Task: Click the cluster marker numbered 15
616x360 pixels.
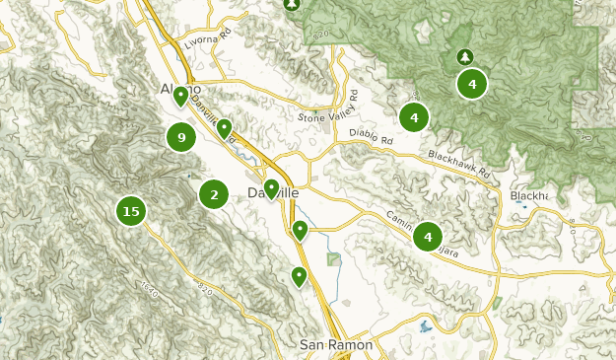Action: [x=130, y=210]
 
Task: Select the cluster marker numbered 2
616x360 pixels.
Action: [x=214, y=194]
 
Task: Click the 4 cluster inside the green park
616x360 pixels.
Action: [x=473, y=84]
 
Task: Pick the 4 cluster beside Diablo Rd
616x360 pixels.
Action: [x=414, y=118]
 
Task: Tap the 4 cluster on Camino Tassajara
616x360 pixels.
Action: [x=428, y=237]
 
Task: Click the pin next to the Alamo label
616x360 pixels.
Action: [x=181, y=97]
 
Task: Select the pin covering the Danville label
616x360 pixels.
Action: [x=271, y=188]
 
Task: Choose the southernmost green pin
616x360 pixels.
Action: [x=299, y=276]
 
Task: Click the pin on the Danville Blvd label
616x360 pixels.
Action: [x=224, y=128]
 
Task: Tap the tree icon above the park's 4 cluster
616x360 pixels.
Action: [x=464, y=56]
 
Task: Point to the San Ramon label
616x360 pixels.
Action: [x=336, y=345]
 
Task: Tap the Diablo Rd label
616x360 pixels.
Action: [x=373, y=141]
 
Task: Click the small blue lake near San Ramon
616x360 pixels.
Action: [x=425, y=325]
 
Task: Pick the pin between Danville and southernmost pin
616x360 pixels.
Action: [x=301, y=230]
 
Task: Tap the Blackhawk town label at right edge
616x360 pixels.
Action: [x=529, y=195]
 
